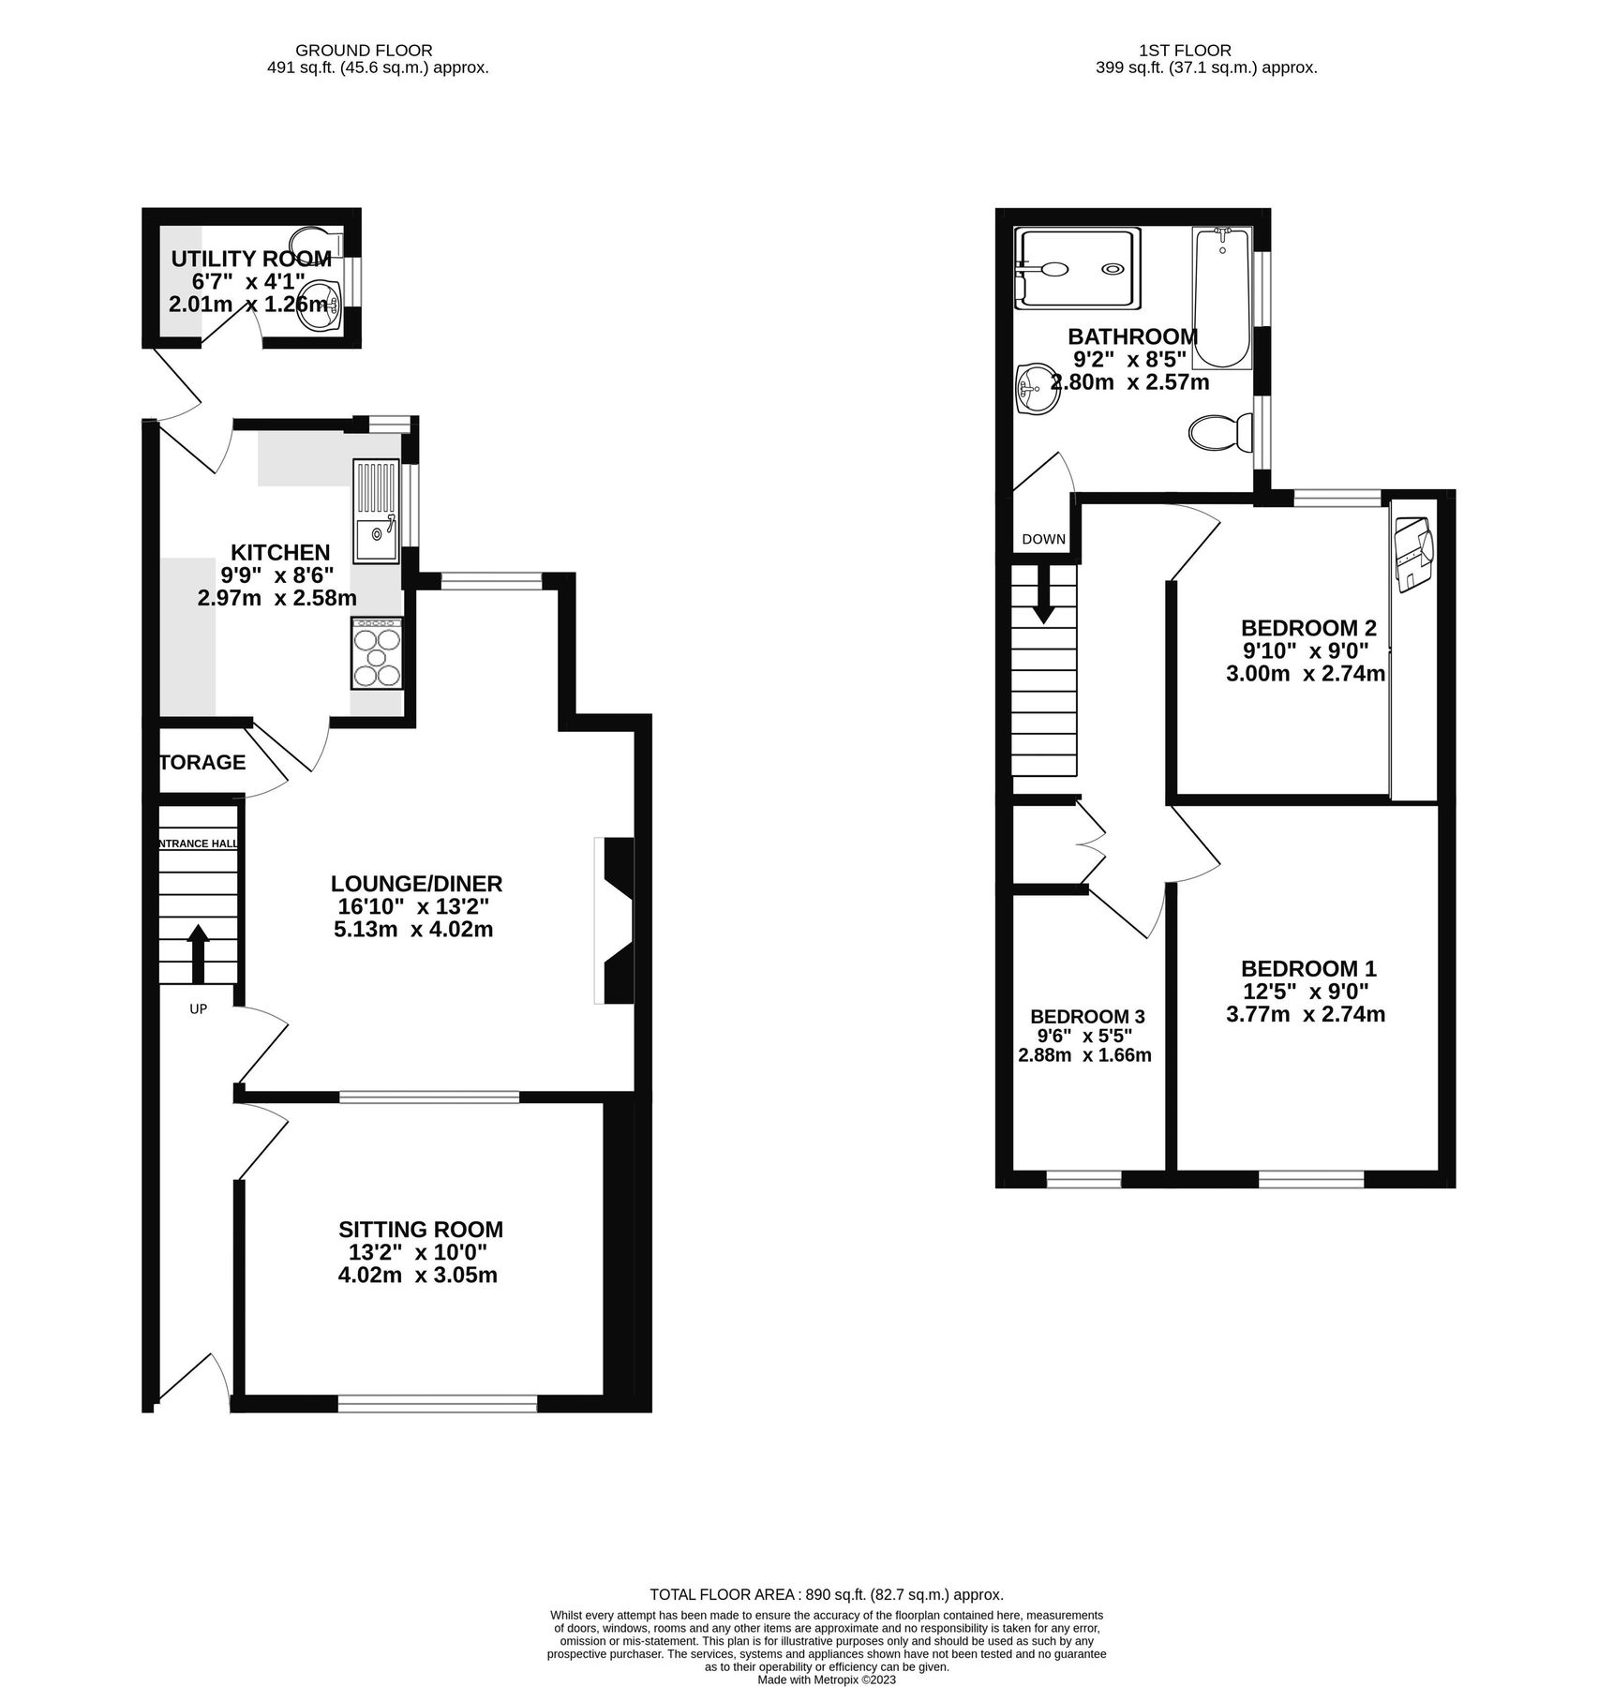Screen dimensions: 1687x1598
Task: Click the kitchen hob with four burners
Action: coord(377,655)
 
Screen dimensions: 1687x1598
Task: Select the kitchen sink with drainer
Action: coord(376,512)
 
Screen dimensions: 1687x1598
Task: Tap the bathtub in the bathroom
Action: coord(1221,298)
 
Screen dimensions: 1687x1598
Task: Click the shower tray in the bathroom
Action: coord(1080,269)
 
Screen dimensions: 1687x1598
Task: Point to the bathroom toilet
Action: coord(1221,433)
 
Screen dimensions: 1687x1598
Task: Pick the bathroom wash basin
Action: coord(1037,387)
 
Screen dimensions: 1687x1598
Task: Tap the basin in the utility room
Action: coord(320,306)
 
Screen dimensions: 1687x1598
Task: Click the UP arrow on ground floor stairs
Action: coord(198,952)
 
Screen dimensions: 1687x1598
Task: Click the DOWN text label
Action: coord(1043,539)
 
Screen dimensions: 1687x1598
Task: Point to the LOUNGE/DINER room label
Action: coord(416,884)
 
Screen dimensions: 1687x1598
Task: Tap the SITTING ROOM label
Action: coord(420,1230)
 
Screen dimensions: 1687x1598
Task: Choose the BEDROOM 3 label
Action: coord(1087,1017)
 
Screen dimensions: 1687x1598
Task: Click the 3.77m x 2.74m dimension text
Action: coord(1305,1014)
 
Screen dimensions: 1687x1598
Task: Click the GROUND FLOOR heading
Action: coord(364,51)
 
